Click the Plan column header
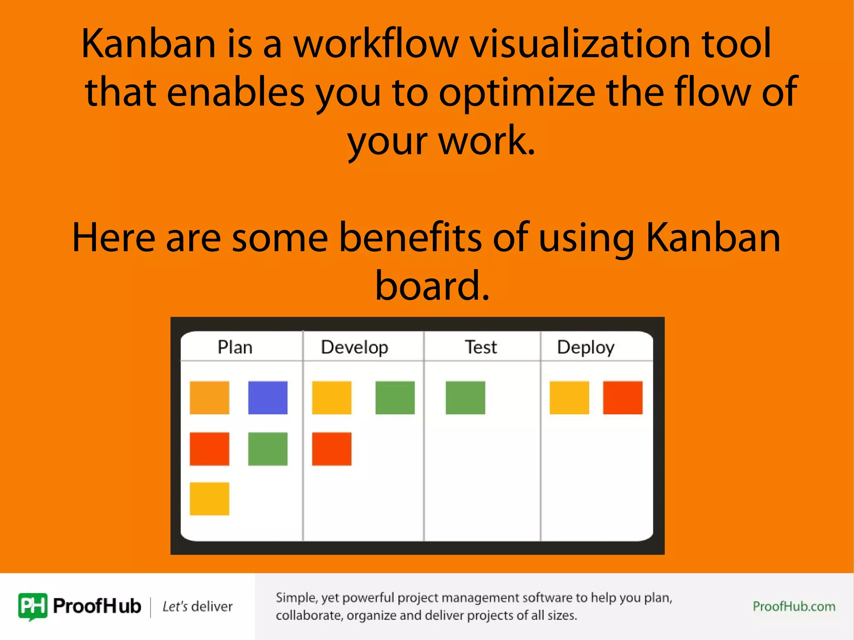(x=235, y=347)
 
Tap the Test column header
(x=481, y=347)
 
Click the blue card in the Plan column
(x=268, y=397)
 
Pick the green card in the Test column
(x=465, y=397)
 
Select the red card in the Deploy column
(x=623, y=397)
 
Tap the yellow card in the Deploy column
(x=569, y=397)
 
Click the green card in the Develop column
(x=395, y=397)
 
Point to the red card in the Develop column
(x=332, y=449)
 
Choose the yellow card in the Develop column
(x=332, y=397)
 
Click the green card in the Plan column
(x=268, y=449)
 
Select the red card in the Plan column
(x=209, y=449)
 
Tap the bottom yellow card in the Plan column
(x=209, y=499)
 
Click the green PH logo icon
(x=33, y=607)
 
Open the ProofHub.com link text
(x=794, y=606)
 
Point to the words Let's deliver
(x=197, y=606)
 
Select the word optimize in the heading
(x=517, y=93)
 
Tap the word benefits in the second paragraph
(x=410, y=237)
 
